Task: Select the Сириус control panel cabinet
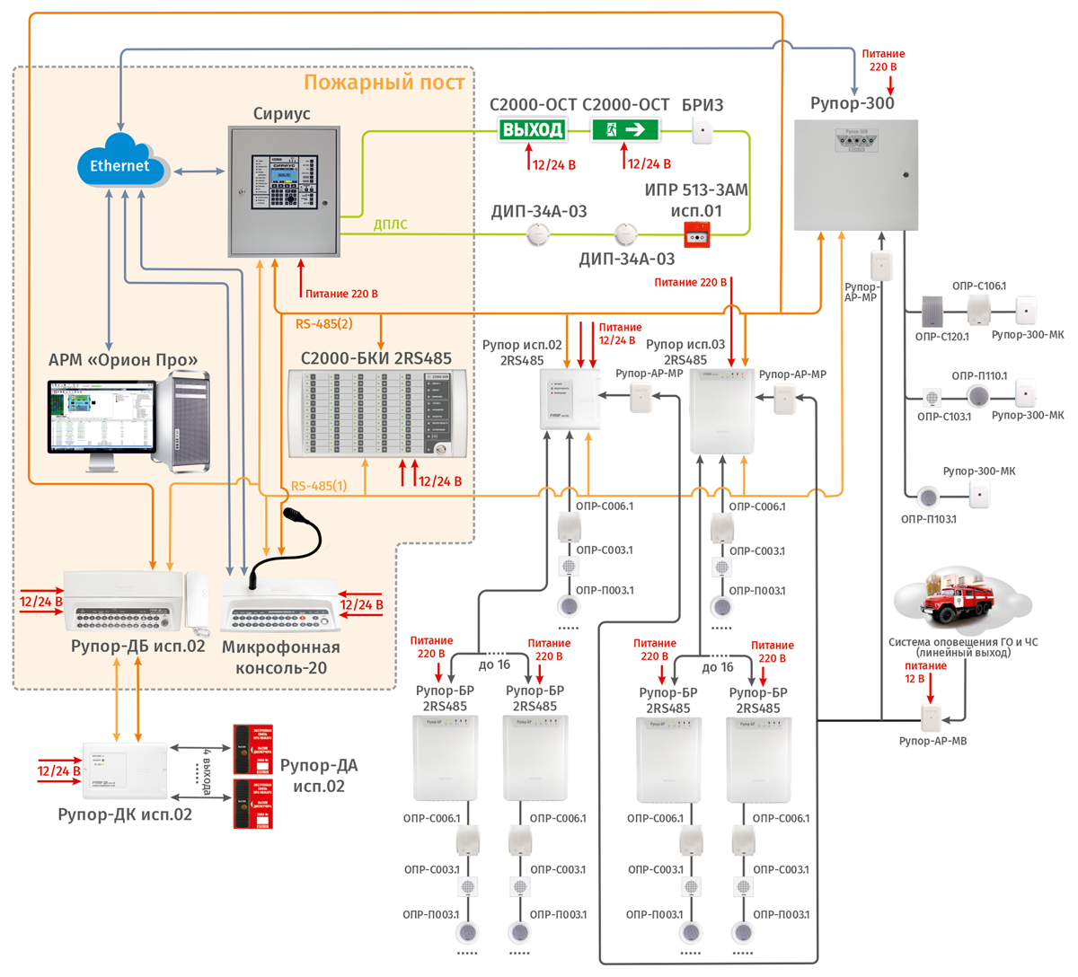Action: tap(284, 190)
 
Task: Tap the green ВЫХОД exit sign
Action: tap(533, 129)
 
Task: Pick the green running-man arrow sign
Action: tap(624, 129)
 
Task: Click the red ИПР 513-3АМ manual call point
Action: tap(697, 237)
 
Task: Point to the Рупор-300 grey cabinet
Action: tap(855, 174)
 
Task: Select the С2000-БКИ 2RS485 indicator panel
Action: tap(378, 414)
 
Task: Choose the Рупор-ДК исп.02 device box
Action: tap(125, 770)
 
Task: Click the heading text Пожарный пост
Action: tap(384, 83)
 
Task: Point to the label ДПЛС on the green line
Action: tap(390, 224)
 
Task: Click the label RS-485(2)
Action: tap(323, 323)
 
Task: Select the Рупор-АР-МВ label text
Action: tap(932, 741)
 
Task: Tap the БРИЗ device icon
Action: tap(702, 133)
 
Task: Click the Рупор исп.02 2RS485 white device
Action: tap(570, 398)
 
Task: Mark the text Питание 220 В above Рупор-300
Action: tap(882, 60)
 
